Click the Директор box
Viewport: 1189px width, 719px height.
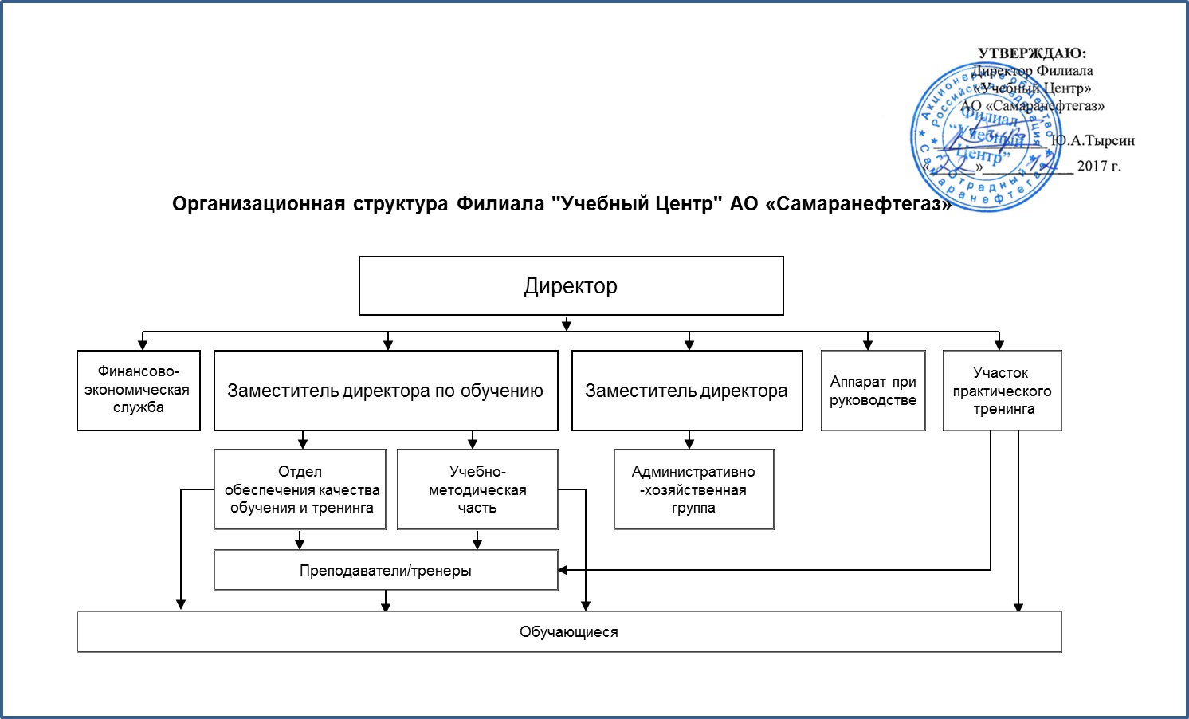(x=571, y=286)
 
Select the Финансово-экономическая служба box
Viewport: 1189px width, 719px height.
(x=139, y=391)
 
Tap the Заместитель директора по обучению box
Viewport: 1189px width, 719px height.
(x=386, y=391)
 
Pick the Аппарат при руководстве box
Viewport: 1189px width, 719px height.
(x=873, y=391)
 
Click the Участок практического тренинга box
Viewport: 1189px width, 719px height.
(x=1003, y=391)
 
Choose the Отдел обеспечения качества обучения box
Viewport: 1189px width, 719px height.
(x=300, y=489)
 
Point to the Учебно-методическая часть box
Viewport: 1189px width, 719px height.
(x=477, y=489)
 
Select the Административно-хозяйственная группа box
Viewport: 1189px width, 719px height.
(x=693, y=489)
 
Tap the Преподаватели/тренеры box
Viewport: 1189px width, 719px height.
(x=386, y=571)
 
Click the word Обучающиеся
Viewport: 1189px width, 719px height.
(x=569, y=632)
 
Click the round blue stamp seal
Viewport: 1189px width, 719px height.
(x=987, y=137)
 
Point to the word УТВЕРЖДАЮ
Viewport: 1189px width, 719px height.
(x=1031, y=53)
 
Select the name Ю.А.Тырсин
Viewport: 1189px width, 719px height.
(x=1093, y=141)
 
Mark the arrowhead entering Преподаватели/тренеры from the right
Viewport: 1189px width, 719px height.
(x=563, y=570)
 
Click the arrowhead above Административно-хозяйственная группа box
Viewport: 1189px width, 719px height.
(x=689, y=444)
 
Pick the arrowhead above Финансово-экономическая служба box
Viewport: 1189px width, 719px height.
(x=143, y=345)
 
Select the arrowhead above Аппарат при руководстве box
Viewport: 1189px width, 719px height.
(x=868, y=345)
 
